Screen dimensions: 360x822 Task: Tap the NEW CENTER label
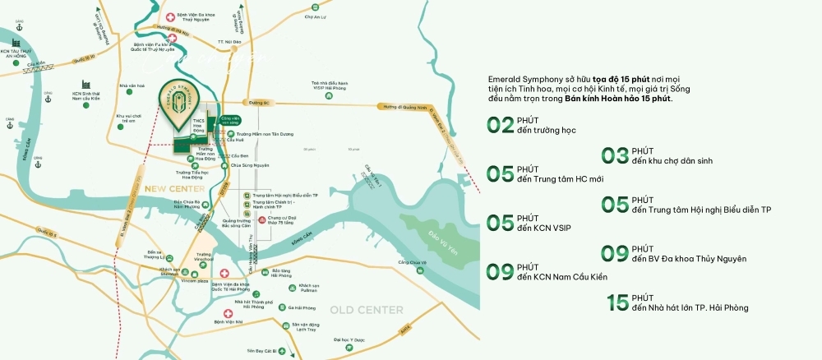(x=167, y=188)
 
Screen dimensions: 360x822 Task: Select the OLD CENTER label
(x=367, y=310)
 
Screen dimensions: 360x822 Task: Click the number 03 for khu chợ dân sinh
(x=615, y=155)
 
